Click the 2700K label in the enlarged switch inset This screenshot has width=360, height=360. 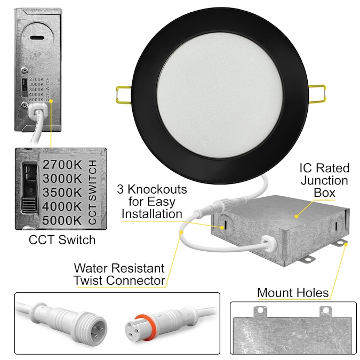pyautogui.click(x=62, y=165)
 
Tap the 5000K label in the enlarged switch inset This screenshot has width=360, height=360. pyautogui.click(x=62, y=220)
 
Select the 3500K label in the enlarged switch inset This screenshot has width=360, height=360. pyautogui.click(x=62, y=193)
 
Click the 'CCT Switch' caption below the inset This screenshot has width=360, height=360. pyautogui.click(x=62, y=239)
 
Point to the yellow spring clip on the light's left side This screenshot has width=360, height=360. pyautogui.click(x=124, y=94)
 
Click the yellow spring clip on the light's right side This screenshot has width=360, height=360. pyautogui.click(x=317, y=93)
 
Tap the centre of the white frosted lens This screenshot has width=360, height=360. pyautogui.click(x=220, y=95)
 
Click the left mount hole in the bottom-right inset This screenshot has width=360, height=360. pyautogui.click(x=260, y=310)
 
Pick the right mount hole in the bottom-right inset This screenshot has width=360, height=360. pyautogui.click(x=326, y=310)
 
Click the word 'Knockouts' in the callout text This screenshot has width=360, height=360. pyautogui.click(x=157, y=189)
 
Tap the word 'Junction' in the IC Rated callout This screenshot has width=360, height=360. pyautogui.click(x=325, y=180)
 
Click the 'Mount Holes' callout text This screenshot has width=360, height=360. pyautogui.click(x=293, y=293)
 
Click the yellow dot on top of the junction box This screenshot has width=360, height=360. pyautogui.click(x=297, y=217)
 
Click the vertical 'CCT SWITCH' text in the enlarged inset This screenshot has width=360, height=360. pyautogui.click(x=92, y=193)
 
